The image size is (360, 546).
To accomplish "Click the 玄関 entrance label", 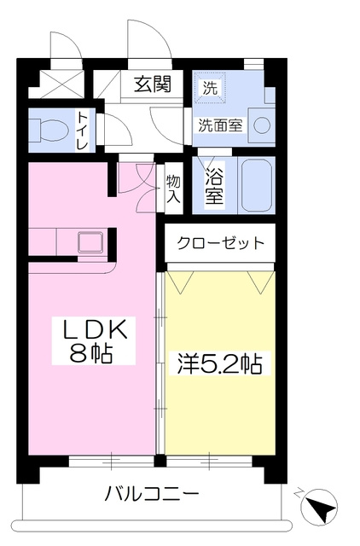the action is coord(154,84).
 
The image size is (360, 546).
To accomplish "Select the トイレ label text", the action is coord(83,131).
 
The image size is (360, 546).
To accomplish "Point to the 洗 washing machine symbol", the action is coord(210,88).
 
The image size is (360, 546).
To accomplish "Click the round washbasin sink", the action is coord(262,125).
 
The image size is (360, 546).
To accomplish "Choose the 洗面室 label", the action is coord(220,125).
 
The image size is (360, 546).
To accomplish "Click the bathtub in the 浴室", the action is coord(257,185).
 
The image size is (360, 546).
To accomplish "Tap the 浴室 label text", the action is coord(214,186).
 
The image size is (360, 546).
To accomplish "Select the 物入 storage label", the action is coord(173,189).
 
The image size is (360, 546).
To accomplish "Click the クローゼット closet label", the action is coord(220,242).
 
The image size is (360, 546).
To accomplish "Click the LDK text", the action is coord(94,329).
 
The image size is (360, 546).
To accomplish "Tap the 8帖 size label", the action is coord(91,352).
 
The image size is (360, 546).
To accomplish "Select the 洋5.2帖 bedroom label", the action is coord(219,363).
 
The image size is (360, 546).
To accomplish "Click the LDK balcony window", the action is coord(112,462).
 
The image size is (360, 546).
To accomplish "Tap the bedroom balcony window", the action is coord(209,462).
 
